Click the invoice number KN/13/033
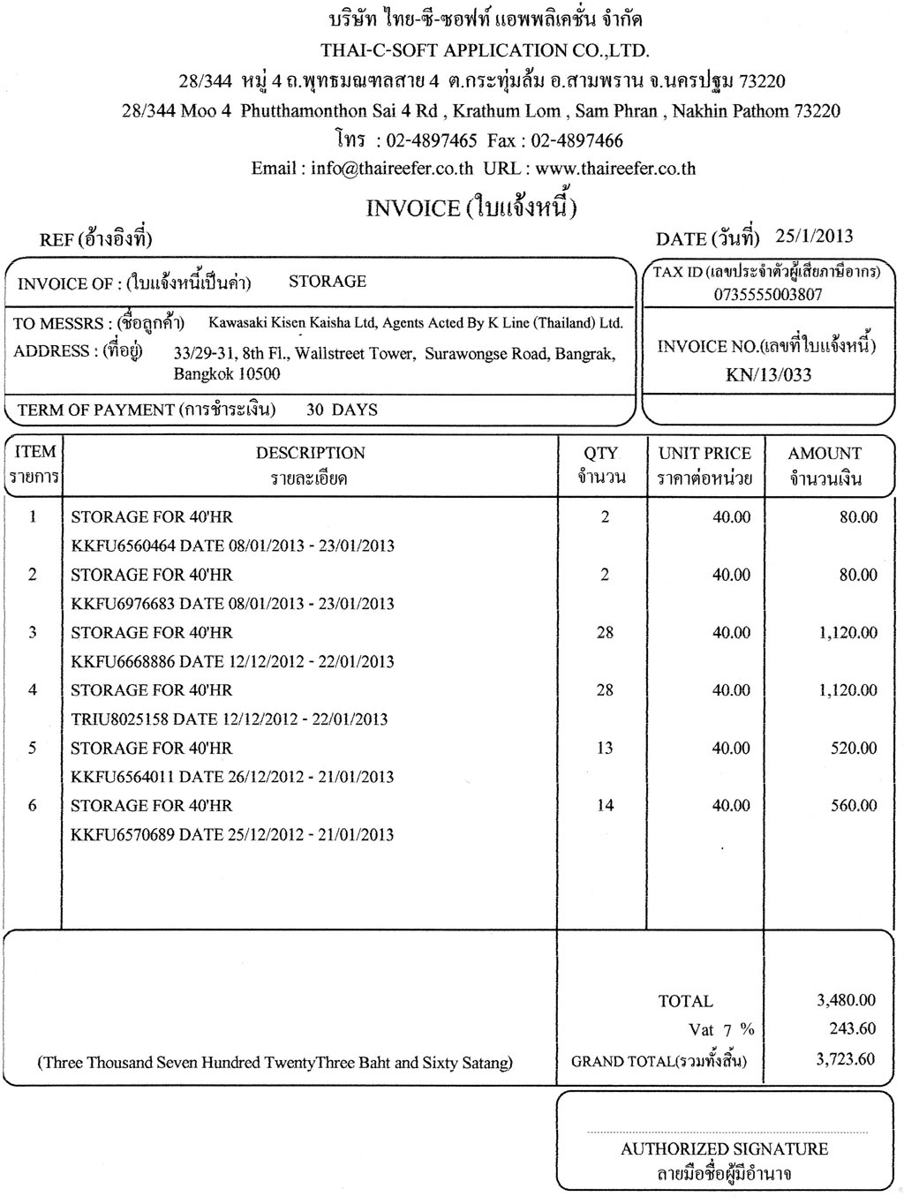pos(768,375)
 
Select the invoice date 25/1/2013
pos(814,236)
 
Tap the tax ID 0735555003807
pos(768,295)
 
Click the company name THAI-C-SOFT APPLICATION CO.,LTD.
pos(485,49)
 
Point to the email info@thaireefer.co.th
pos(392,169)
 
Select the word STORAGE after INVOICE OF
pos(328,282)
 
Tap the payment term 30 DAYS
pos(342,410)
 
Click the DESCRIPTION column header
pos(310,453)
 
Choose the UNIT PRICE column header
pos(704,453)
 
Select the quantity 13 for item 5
pos(605,748)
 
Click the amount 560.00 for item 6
pos(854,805)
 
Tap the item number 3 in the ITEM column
pos(33,632)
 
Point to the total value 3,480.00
pos(846,1000)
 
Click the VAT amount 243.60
pos(854,1028)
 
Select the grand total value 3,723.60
pos(846,1058)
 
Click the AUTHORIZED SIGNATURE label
pos(724,1148)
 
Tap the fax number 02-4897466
pos(577,140)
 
